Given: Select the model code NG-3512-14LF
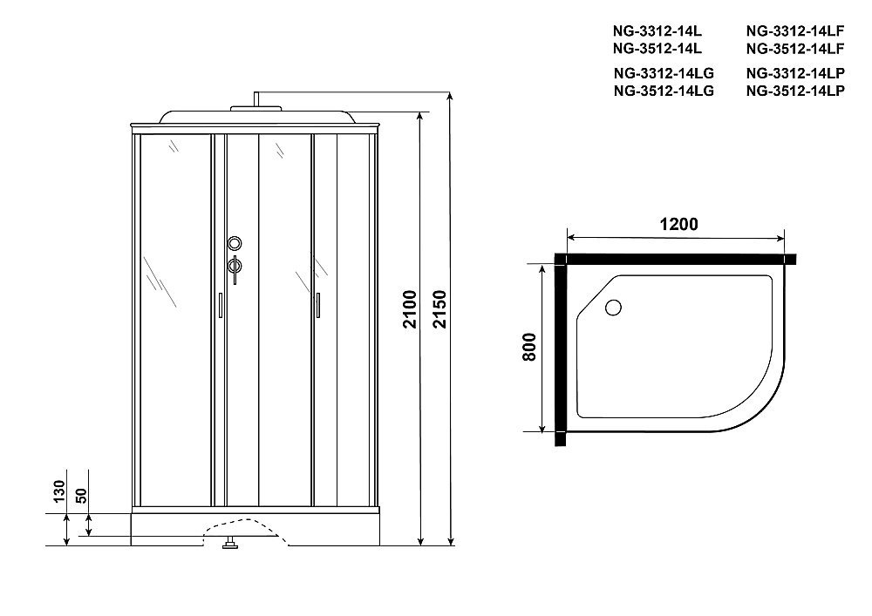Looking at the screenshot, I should pos(794,47).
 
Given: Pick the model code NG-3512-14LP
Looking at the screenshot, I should pos(794,90).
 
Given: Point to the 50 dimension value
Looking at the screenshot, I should pos(80,496).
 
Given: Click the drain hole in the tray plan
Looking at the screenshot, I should pos(612,307).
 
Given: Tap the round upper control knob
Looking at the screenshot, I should pos(234,244).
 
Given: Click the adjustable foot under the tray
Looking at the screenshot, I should pos(231,546).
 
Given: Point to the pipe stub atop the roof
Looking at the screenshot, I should pos(255,98).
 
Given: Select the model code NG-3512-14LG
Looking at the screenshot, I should pos(664,90).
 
